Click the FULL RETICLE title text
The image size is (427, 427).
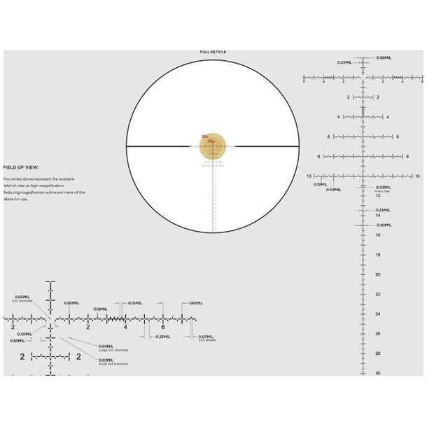coord(213,52)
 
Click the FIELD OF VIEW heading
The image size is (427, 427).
coord(21,168)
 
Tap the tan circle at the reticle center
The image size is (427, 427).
coord(212,146)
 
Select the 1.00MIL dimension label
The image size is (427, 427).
coord(195,303)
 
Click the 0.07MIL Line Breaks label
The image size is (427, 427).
coord(206,337)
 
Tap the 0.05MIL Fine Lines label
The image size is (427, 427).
coord(383,188)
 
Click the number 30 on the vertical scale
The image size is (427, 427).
coord(377,373)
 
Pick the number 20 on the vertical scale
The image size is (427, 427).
coord(377,274)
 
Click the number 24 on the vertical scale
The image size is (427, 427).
coord(377,314)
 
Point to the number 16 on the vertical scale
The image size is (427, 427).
coord(377,235)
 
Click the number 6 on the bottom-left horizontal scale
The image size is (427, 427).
coord(162,327)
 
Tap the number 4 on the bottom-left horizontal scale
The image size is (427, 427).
coord(125,327)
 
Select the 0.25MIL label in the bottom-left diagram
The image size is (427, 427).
coord(162,337)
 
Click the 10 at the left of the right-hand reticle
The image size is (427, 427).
coord(309,176)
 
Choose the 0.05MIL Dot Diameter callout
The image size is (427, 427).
coord(21,298)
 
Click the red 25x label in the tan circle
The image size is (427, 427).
coord(211,141)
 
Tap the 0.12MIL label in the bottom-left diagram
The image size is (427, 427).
coord(100,309)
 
